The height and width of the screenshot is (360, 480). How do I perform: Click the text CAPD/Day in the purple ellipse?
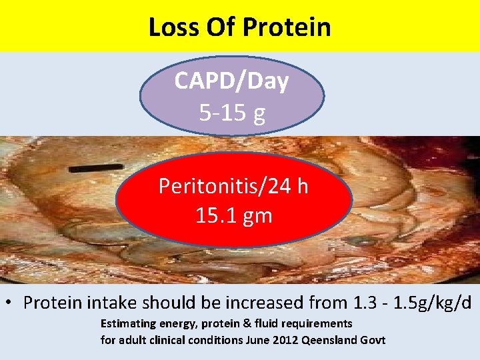tap(231, 81)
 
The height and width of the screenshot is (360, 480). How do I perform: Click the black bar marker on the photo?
tap(99, 167)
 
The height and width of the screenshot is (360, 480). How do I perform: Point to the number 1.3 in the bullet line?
tap(365, 302)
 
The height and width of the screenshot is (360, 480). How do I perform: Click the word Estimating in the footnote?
tap(129, 323)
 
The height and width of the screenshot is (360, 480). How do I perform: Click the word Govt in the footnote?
tap(373, 340)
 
